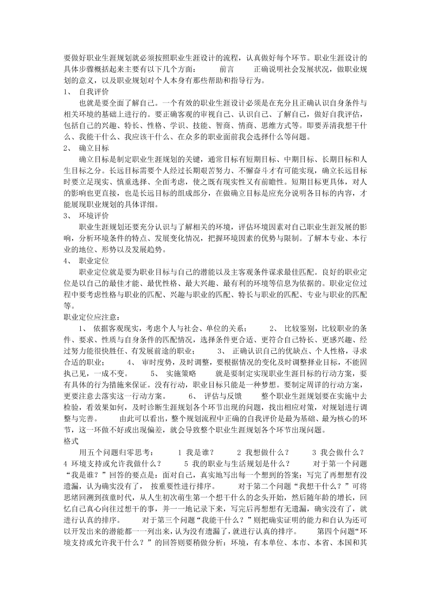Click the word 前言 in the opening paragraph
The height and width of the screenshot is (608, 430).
227,70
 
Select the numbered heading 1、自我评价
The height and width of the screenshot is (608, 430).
86,92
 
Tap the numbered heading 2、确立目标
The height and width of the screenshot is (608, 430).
86,148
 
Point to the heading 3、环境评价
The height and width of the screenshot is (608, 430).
86,216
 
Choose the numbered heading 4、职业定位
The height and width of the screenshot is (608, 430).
86,261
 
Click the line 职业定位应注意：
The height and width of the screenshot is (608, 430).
92,317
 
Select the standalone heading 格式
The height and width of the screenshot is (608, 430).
71,441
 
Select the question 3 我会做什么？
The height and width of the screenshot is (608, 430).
337,452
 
